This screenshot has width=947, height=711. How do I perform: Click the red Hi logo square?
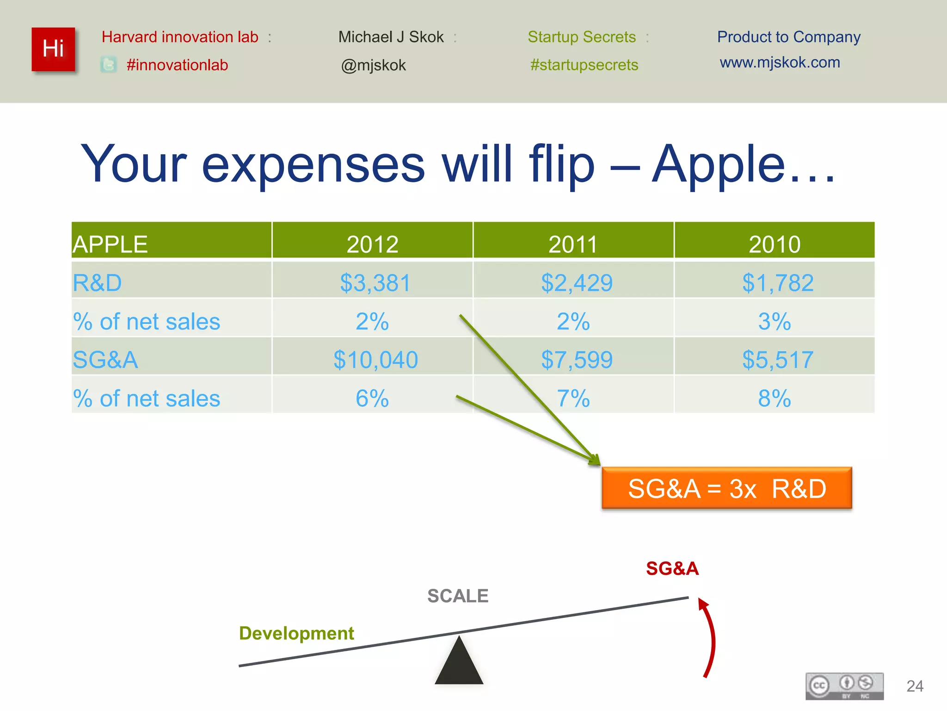(53, 49)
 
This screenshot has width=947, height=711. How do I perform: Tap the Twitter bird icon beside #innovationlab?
(109, 65)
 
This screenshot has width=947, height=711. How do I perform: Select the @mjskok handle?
(373, 65)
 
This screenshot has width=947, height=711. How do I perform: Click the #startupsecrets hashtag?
(584, 65)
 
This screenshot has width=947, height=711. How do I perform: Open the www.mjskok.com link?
(780, 62)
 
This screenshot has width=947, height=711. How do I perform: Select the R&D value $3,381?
(375, 282)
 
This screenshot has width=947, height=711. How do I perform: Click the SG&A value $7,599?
(577, 359)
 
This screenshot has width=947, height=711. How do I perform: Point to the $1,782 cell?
(778, 282)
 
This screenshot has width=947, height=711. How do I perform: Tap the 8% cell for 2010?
(775, 398)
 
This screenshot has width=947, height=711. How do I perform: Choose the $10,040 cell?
(375, 359)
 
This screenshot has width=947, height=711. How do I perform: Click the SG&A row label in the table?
(105, 359)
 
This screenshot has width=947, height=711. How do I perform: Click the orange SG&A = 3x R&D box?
(726, 488)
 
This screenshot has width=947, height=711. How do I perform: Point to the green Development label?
(296, 633)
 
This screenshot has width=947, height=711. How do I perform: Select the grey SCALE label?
(457, 596)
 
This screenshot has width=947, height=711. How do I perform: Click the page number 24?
(915, 686)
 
